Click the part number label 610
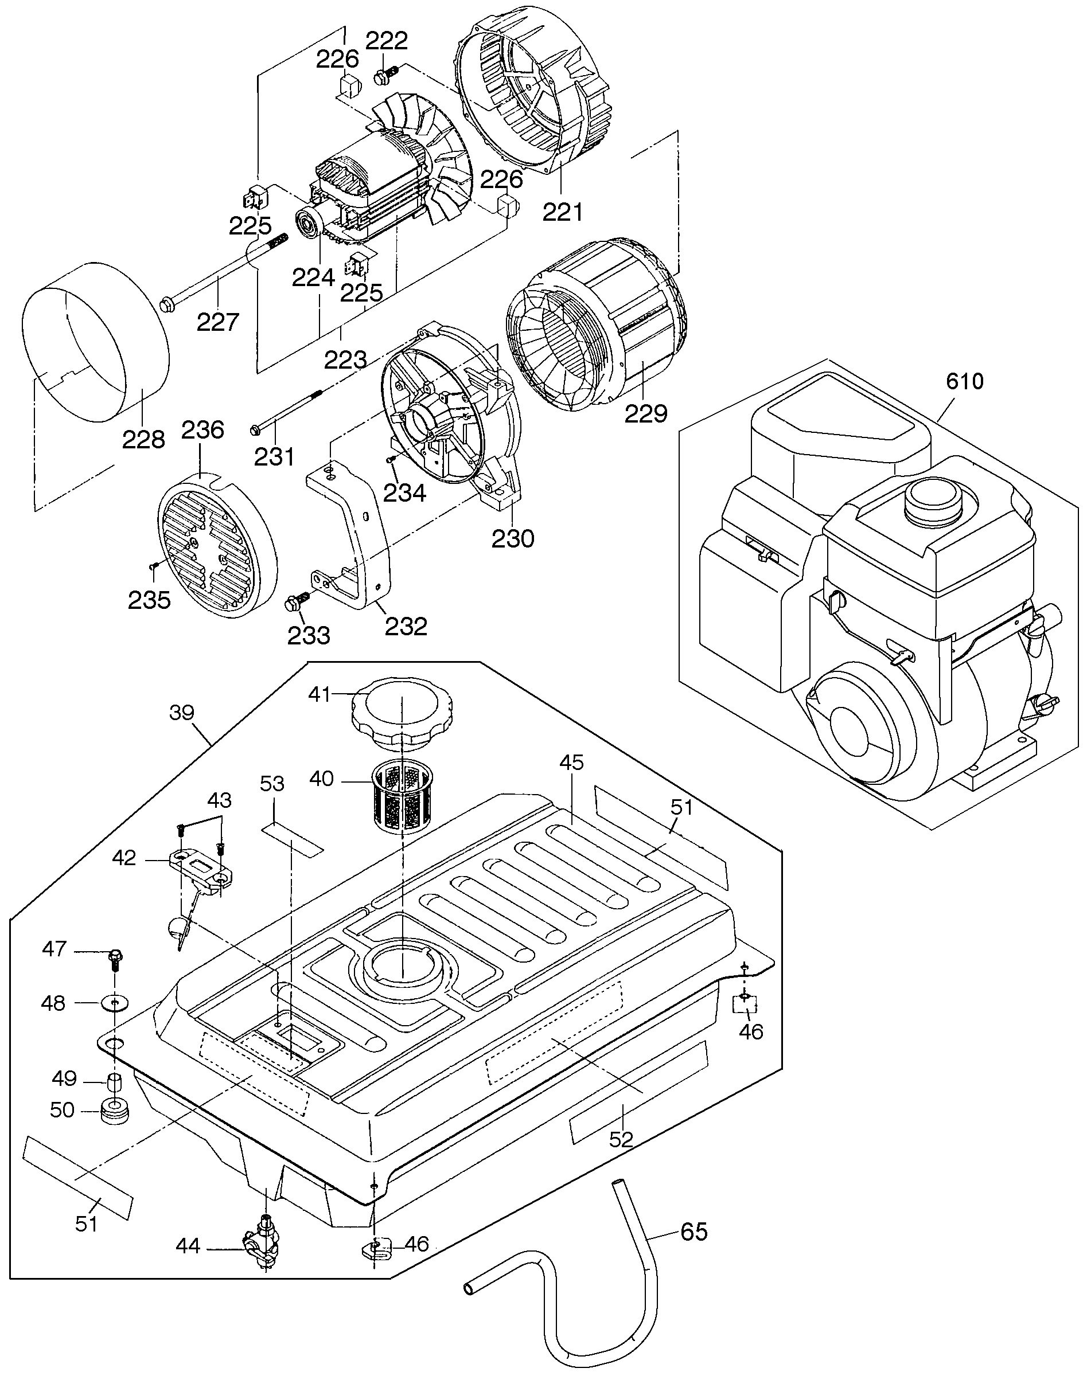965,382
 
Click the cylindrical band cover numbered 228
95,343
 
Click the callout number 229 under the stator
646,413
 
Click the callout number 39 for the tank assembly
182,713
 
